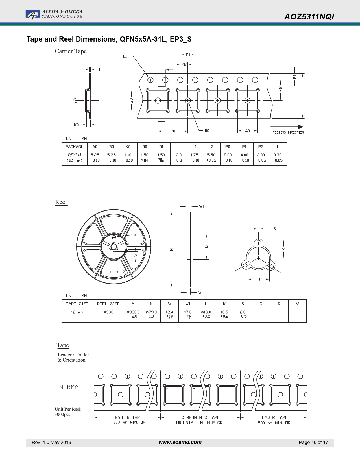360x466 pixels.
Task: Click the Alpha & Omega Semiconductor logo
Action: pyautogui.click(x=54, y=14)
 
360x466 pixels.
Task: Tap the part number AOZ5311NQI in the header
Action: pyautogui.click(x=309, y=17)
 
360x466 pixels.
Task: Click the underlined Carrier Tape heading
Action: pyautogui.click(x=71, y=51)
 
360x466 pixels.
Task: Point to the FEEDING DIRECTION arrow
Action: pyautogui.click(x=287, y=127)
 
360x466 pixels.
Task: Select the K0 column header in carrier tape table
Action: pyautogui.click(x=128, y=147)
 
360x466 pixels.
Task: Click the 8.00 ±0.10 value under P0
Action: pyautogui.click(x=228, y=158)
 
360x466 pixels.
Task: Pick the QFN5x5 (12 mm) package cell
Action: pyautogui.click(x=75, y=158)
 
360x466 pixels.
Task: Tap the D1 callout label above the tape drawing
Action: pyautogui.click(x=125, y=56)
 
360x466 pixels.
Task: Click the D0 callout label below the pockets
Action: pyautogui.click(x=207, y=131)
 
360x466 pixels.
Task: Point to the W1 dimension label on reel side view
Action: pyautogui.click(x=201, y=206)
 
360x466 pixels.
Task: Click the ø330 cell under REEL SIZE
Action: pyautogui.click(x=108, y=312)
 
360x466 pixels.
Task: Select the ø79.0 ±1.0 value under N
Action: pyautogui.click(x=151, y=314)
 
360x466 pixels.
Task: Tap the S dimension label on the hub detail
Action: pyautogui.click(x=275, y=229)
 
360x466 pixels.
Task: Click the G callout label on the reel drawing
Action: pyautogui.click(x=135, y=234)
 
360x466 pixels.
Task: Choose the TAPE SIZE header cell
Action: pyautogui.click(x=77, y=304)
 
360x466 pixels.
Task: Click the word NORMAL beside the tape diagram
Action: pyautogui.click(x=70, y=387)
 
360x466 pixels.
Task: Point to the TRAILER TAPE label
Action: pyautogui.click(x=127, y=417)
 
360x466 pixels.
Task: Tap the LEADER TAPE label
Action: pyautogui.click(x=273, y=417)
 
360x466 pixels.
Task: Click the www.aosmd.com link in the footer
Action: pyautogui.click(x=180, y=442)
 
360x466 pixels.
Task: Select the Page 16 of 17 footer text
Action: pyautogui.click(x=313, y=443)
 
